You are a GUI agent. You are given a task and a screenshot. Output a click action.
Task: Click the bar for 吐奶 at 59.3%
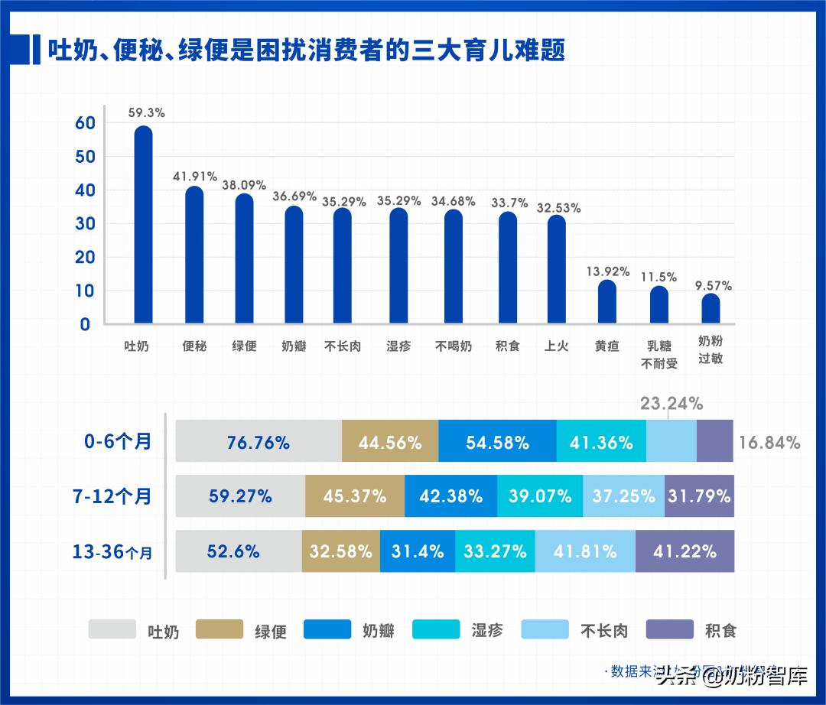click(143, 225)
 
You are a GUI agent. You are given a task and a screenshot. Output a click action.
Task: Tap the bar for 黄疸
click(606, 302)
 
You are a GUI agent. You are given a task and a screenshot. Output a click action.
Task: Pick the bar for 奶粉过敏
click(711, 309)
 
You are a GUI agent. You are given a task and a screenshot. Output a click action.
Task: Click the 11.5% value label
click(659, 277)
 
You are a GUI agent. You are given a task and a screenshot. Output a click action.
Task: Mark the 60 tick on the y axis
click(84, 123)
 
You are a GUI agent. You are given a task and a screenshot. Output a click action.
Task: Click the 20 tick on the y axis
click(84, 258)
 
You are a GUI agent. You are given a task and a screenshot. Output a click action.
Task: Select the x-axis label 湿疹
click(398, 346)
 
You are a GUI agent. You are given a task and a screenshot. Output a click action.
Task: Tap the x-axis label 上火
click(556, 346)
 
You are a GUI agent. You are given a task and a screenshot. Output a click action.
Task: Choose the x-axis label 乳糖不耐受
click(659, 354)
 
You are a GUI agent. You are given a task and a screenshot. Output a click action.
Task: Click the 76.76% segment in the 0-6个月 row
click(259, 441)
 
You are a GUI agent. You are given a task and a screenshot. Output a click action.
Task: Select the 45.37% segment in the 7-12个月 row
click(354, 496)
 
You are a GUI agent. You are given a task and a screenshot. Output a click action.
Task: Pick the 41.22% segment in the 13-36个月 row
click(685, 551)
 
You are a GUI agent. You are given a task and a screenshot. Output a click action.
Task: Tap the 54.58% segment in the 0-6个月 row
click(497, 441)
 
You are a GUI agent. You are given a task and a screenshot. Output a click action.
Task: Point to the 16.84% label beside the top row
click(769, 442)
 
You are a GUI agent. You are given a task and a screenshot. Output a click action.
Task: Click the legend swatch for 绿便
click(220, 629)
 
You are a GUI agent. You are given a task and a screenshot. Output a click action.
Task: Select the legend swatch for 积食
click(670, 629)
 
